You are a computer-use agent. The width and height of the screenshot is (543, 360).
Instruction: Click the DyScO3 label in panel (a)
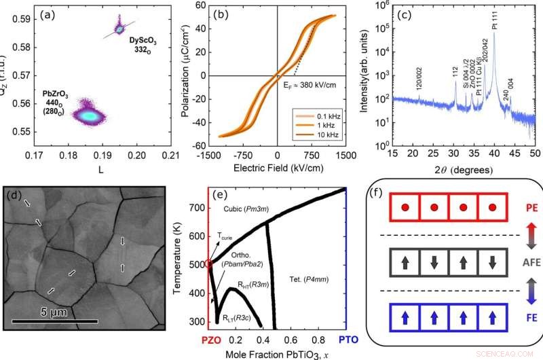(x=147, y=45)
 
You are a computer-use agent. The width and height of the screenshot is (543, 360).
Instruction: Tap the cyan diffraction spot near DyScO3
(x=119, y=29)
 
